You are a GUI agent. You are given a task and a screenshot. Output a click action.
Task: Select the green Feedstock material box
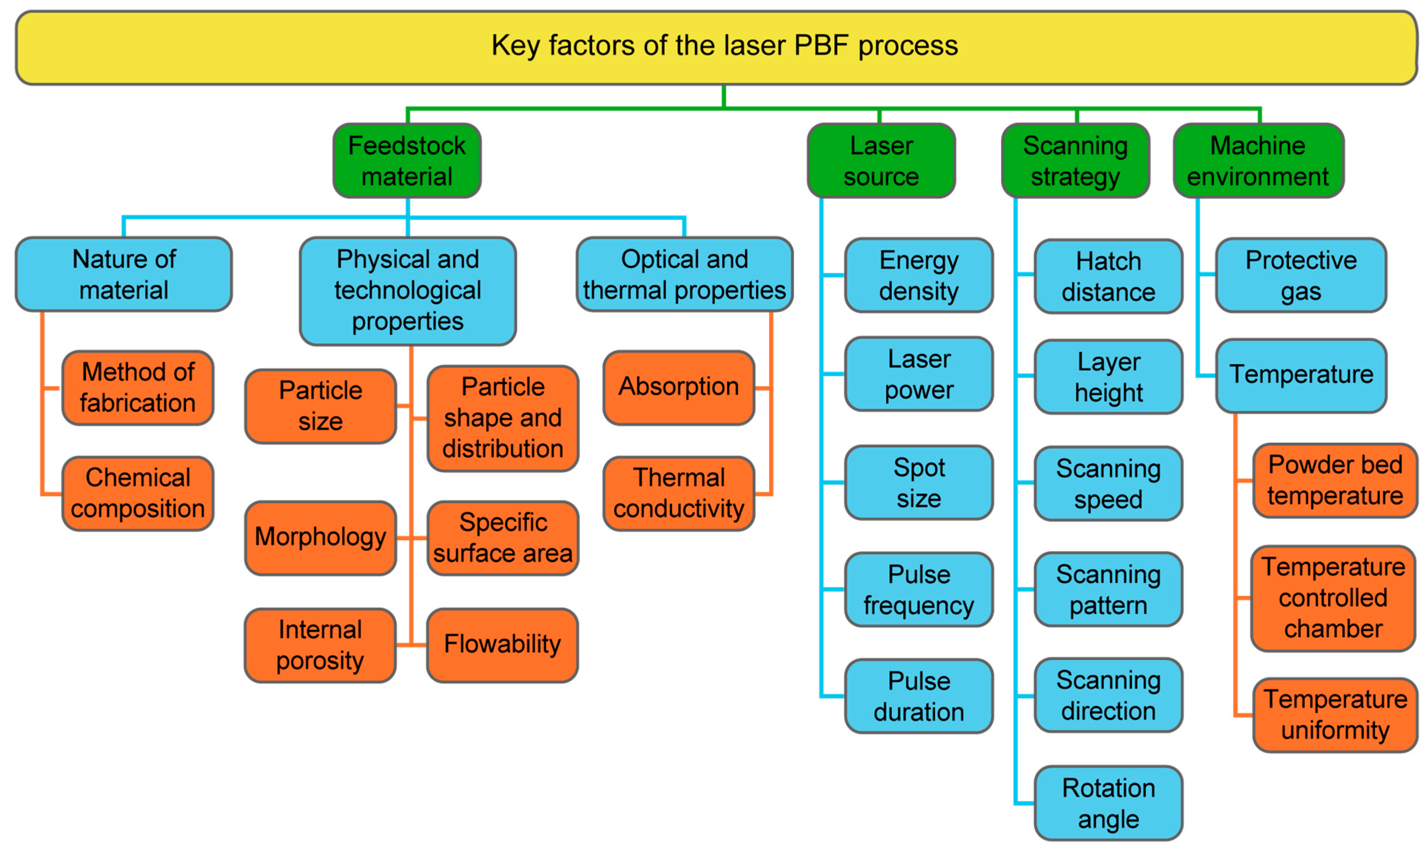coord(407,161)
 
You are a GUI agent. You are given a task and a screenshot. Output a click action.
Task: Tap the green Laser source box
coord(881,161)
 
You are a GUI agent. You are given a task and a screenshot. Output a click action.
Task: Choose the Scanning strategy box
coord(1076,161)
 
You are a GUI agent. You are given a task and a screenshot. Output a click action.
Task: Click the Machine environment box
coord(1258,161)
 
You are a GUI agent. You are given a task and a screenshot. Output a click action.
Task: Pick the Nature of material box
coord(124,274)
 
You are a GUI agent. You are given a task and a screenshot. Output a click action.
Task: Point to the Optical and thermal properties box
coord(685,274)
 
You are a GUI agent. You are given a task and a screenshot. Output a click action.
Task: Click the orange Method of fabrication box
coord(138,388)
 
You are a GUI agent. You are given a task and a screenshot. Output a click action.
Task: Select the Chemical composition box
coord(138,493)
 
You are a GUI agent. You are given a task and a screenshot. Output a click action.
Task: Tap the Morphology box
coord(320,537)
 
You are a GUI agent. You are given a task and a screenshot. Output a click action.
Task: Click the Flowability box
coord(503,645)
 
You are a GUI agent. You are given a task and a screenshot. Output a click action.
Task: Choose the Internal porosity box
coord(320,645)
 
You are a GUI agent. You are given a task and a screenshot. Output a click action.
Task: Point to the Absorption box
coord(679,388)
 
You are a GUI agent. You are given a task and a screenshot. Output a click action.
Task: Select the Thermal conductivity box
coord(679,493)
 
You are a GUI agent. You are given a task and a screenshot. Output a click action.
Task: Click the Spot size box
coord(919,483)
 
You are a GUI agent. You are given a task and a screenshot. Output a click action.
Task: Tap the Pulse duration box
coord(919,697)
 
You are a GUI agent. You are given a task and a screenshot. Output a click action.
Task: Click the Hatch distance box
coord(1109,277)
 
